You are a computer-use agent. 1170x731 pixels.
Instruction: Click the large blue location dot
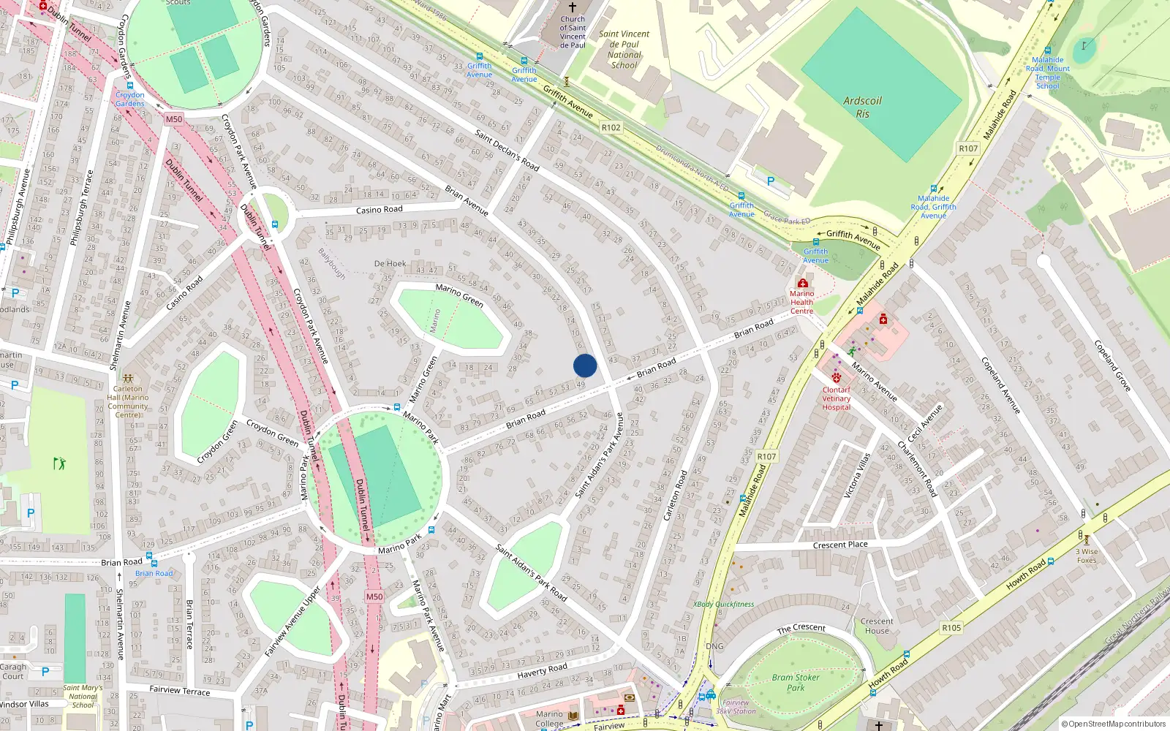tap(585, 365)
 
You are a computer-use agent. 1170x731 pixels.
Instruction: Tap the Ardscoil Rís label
tap(863, 107)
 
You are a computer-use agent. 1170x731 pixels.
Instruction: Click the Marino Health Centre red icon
tap(802, 283)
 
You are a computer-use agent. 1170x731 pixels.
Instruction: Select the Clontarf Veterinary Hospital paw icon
tap(836, 377)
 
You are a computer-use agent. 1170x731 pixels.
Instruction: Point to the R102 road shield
tap(611, 127)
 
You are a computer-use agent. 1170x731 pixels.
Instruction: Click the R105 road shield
tap(951, 627)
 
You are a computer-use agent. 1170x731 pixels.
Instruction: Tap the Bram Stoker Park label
tap(796, 682)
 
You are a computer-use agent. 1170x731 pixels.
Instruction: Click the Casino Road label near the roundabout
tap(379, 210)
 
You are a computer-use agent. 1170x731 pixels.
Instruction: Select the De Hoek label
tap(390, 263)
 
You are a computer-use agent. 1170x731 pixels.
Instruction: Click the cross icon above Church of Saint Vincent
tap(573, 7)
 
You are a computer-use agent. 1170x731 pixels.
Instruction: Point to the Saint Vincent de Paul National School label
tap(624, 49)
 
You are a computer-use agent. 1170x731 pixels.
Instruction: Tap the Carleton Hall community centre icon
tap(128, 379)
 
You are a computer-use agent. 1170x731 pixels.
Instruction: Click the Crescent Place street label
tap(840, 545)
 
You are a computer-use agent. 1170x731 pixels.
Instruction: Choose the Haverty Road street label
tap(542, 671)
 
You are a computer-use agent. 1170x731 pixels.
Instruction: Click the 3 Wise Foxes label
tap(1087, 556)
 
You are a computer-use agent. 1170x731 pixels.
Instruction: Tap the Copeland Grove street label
tap(1112, 365)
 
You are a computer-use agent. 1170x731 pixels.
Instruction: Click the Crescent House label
tap(877, 626)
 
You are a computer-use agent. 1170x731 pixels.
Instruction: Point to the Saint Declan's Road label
tap(507, 150)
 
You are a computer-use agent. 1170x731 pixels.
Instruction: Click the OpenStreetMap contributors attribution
tap(1117, 724)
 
